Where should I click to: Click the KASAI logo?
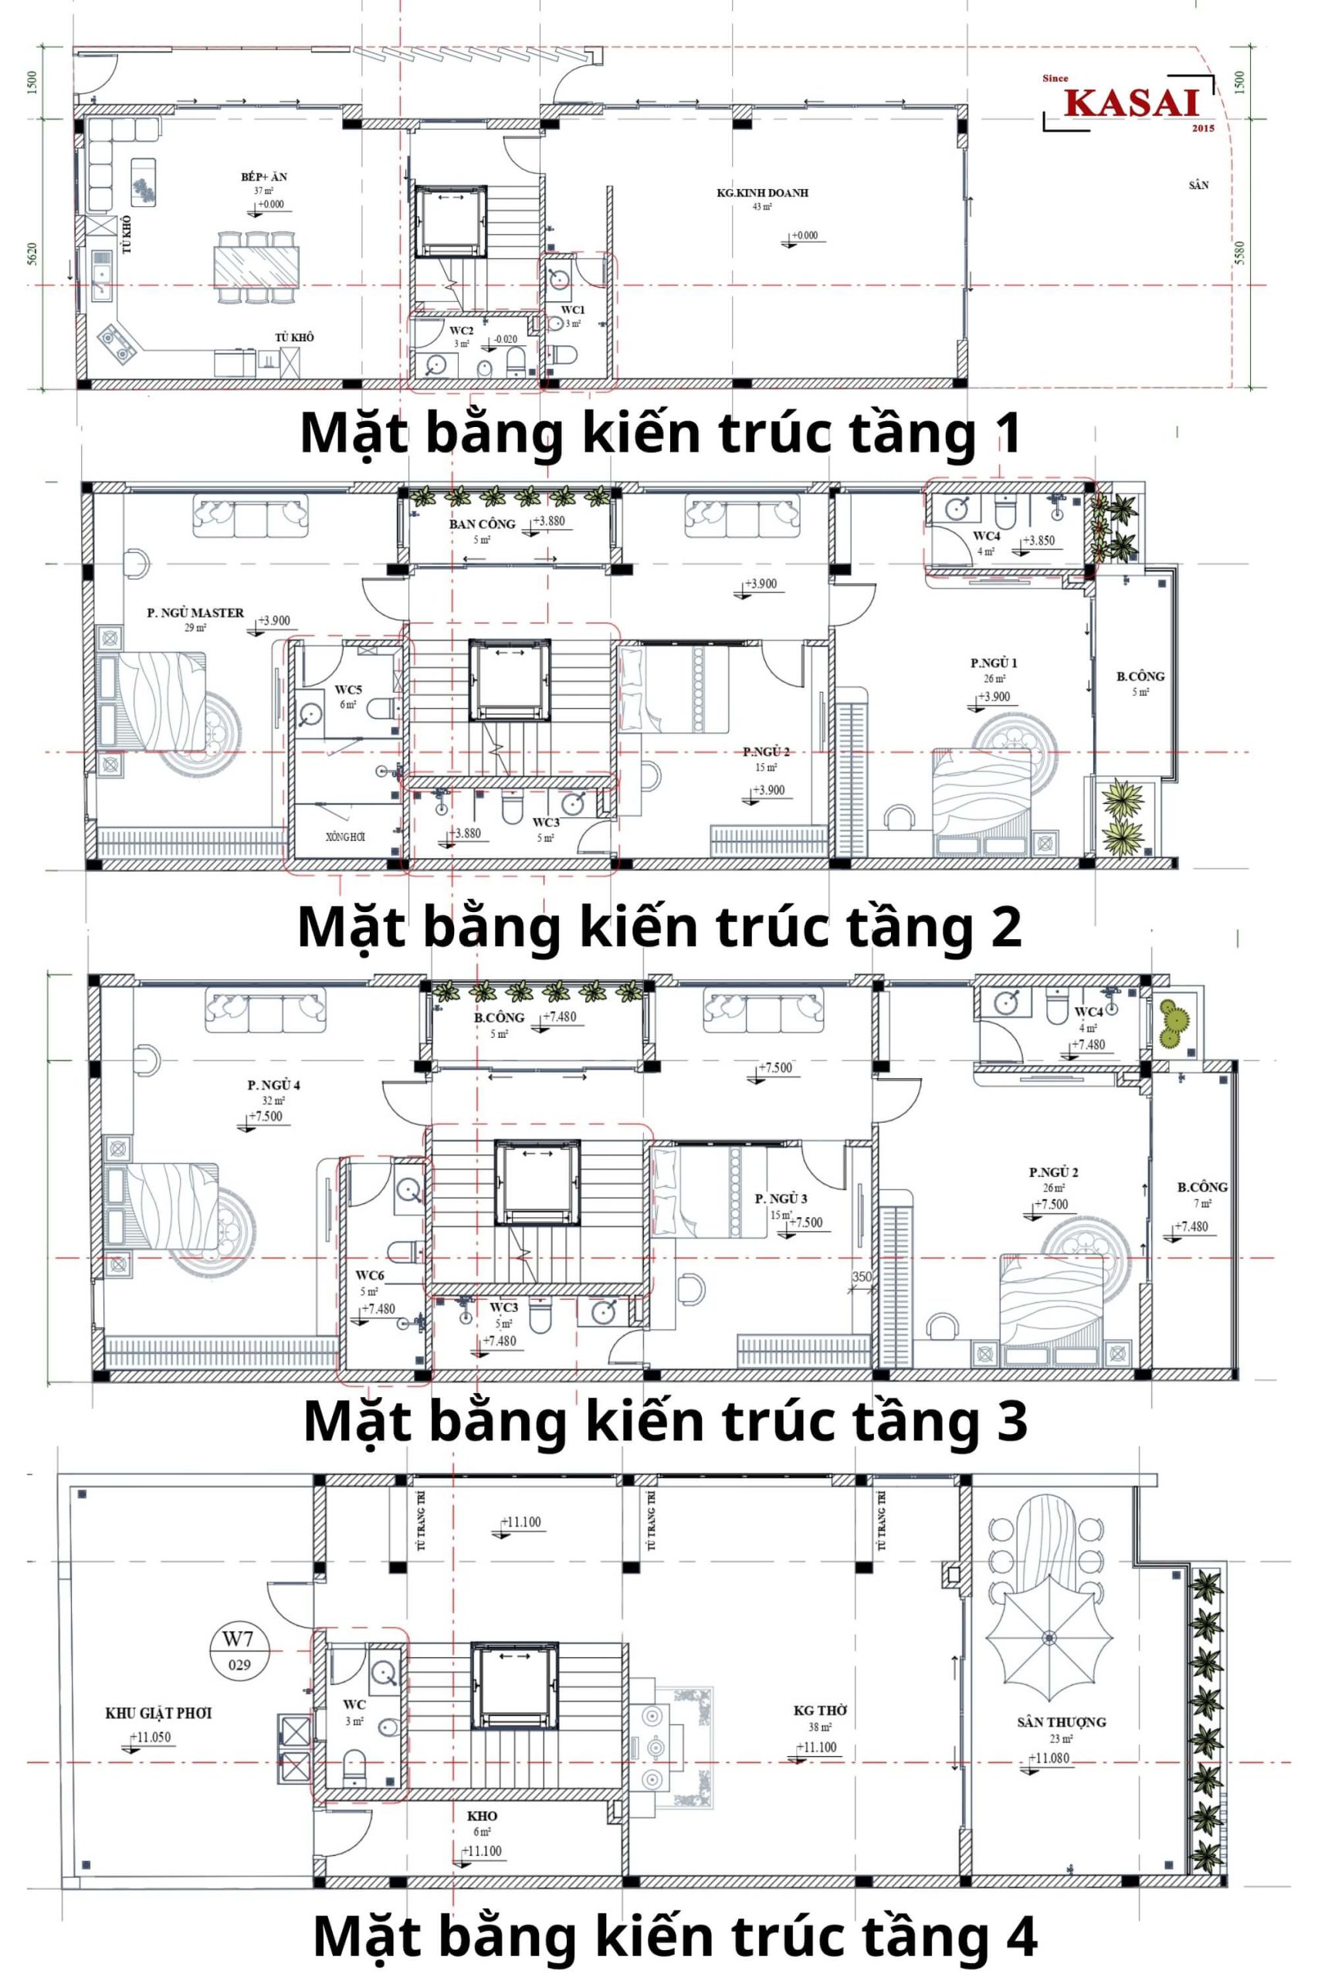(1130, 103)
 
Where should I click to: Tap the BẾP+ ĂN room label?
(264, 177)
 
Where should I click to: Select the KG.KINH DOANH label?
(761, 192)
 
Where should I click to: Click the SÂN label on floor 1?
(1198, 185)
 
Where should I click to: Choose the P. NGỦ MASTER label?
(195, 612)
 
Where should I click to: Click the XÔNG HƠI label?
(345, 836)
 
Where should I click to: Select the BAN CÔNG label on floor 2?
(482, 524)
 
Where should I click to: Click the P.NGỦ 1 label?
(994, 663)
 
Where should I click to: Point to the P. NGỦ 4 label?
(273, 1085)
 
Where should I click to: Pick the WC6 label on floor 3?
(369, 1275)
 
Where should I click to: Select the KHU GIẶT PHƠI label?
(158, 1713)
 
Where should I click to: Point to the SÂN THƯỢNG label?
(1061, 1722)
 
